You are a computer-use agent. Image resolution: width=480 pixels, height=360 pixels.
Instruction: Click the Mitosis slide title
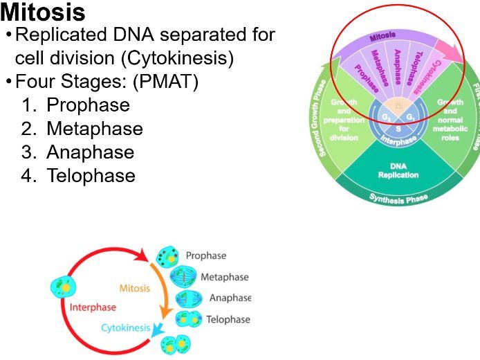pos(43,12)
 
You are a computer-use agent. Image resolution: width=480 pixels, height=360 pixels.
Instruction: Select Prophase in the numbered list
pos(88,105)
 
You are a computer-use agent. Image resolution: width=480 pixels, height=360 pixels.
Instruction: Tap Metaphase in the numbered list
pos(95,129)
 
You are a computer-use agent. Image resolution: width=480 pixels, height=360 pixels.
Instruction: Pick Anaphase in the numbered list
pos(90,152)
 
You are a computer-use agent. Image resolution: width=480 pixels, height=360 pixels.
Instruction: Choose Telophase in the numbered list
pos(91,176)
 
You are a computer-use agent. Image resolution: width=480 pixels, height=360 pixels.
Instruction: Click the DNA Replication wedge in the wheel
pos(398,170)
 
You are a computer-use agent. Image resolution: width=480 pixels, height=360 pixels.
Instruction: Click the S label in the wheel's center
pos(398,128)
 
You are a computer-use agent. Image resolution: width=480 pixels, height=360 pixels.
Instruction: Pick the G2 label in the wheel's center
pos(386,117)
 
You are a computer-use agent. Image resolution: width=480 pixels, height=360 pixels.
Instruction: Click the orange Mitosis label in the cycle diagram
pos(134,288)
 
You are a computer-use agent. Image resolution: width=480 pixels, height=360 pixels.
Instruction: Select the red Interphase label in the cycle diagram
pos(92,307)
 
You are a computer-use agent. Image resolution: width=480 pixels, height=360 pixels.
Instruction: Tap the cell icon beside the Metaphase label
pos(183,277)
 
